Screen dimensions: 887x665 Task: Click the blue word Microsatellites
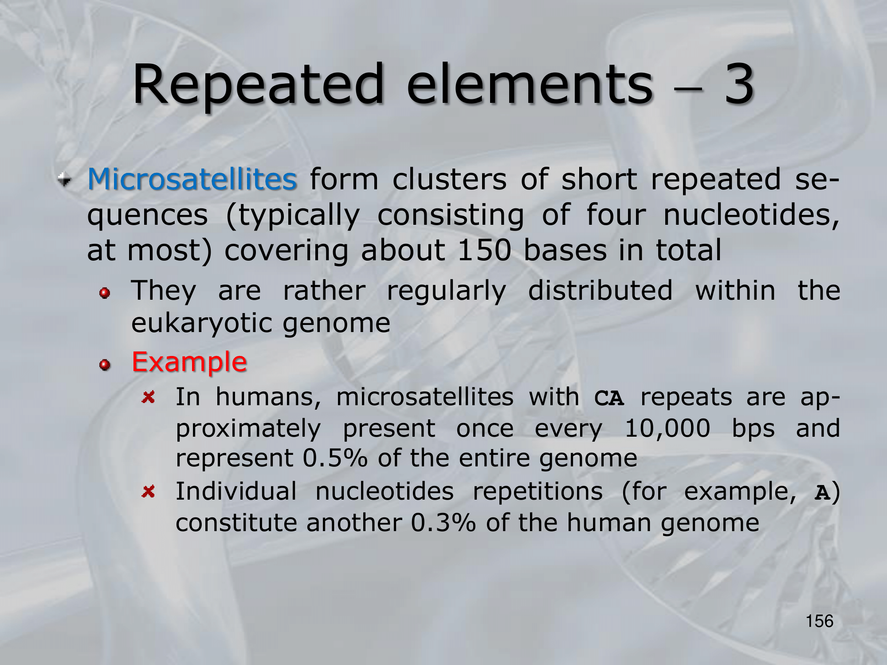tap(192, 179)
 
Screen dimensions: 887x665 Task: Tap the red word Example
tap(189, 362)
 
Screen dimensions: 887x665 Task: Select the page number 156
tap(820, 621)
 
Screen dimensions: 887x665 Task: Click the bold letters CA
tap(609, 398)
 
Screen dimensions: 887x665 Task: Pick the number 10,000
tap(667, 429)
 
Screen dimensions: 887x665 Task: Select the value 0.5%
tap(335, 458)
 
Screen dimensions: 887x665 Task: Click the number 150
tap(484, 250)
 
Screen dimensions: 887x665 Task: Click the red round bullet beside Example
tap(105, 365)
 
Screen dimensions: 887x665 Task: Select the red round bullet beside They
tap(105, 293)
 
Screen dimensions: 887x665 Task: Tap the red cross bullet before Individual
tap(149, 491)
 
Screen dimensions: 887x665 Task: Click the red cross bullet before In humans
tap(149, 397)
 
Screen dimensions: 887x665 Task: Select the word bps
tap(753, 430)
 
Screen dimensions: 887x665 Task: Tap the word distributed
tap(600, 291)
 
